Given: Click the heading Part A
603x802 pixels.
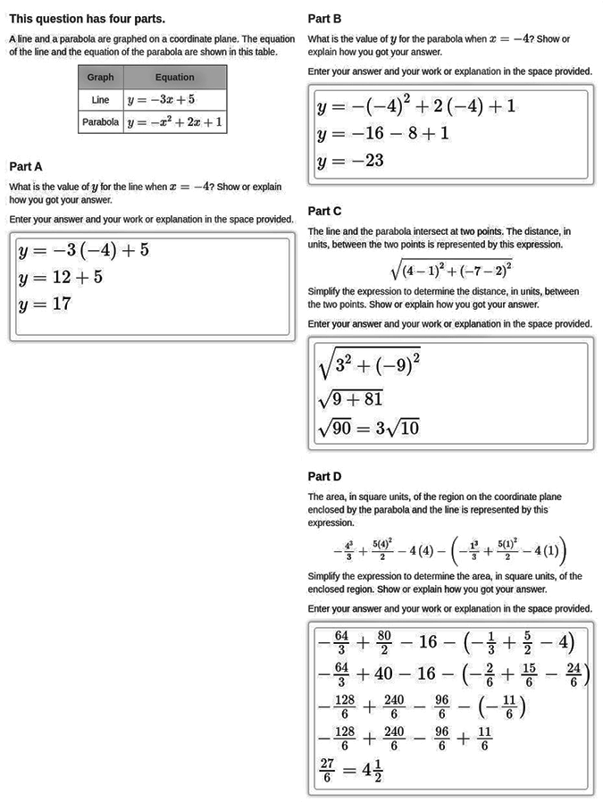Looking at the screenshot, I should click(x=26, y=166).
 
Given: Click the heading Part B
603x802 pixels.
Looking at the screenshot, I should click(x=324, y=18).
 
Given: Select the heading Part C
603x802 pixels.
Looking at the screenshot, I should click(x=324, y=212).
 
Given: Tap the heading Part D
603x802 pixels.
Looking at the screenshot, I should click(x=324, y=477).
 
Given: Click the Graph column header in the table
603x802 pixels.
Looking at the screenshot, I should click(x=100, y=78).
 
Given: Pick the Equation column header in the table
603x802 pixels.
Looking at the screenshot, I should click(x=174, y=78).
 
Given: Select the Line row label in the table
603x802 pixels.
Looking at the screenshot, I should click(x=100, y=100).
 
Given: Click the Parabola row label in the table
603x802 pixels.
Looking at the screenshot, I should click(x=100, y=122).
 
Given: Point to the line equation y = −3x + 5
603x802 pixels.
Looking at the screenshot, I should click(x=161, y=100).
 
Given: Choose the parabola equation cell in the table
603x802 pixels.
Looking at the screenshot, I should click(x=175, y=122).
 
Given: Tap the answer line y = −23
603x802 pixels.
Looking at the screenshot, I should click(x=350, y=161).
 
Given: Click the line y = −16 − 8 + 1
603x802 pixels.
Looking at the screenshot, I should click(x=382, y=134).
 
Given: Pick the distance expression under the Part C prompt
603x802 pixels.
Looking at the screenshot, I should click(x=450, y=268).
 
